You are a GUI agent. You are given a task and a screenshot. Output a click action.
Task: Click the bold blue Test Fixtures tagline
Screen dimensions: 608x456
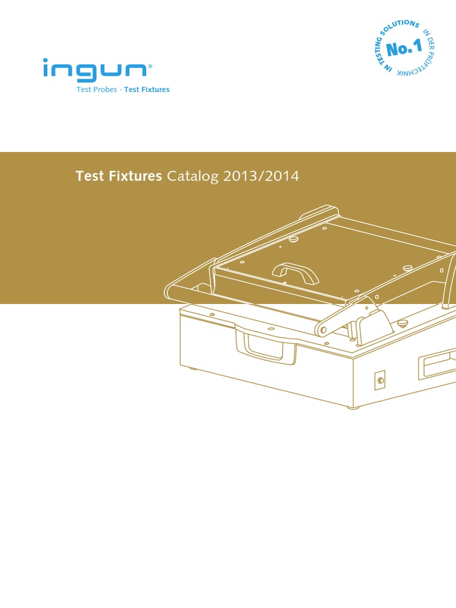click(x=147, y=90)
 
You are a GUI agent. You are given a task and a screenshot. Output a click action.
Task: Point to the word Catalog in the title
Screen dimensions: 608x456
click(x=193, y=176)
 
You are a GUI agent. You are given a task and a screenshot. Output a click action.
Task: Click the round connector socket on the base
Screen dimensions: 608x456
click(x=380, y=379)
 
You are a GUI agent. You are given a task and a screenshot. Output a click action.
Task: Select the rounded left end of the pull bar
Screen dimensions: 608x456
click(x=170, y=291)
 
